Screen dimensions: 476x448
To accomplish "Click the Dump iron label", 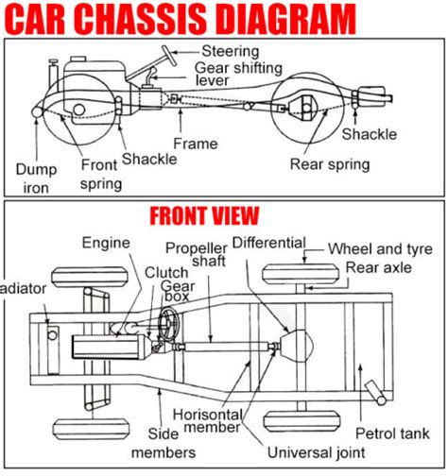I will click(x=30, y=178).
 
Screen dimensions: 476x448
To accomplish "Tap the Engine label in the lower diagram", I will click(x=105, y=242).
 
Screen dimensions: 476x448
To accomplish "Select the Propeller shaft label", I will click(x=195, y=254).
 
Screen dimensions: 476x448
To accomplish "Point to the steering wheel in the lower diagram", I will click(x=171, y=325).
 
